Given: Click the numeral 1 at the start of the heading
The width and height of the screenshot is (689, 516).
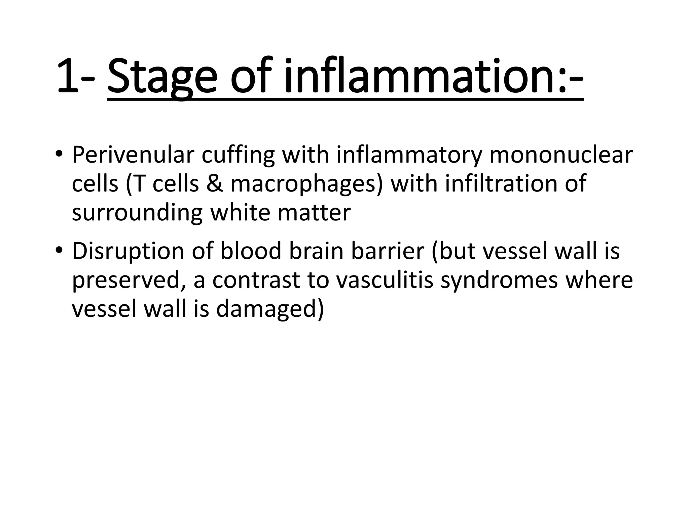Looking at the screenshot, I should pyautogui.click(x=67, y=77).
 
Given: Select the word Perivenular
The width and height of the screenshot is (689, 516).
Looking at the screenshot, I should pyautogui.click(x=133, y=156).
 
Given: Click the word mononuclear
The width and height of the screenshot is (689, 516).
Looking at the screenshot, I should pyautogui.click(x=561, y=156).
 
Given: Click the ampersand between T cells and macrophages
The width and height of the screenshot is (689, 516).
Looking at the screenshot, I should pyautogui.click(x=214, y=184).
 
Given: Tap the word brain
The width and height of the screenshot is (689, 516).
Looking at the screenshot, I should pyautogui.click(x=316, y=251).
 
